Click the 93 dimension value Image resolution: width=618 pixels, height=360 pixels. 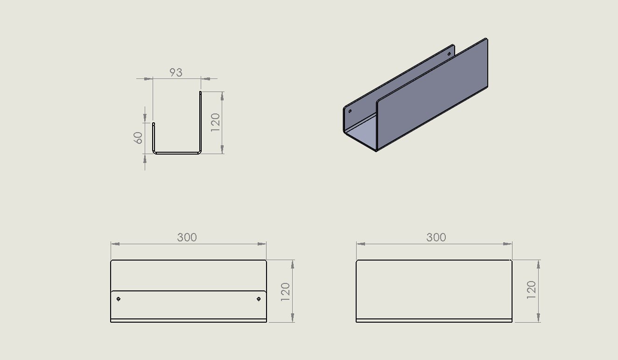[x=176, y=72]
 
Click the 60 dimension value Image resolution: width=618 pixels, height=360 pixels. [x=138, y=138]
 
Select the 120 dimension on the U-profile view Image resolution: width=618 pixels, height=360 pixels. [x=215, y=122]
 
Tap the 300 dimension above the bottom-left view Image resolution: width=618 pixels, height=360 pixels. [x=187, y=237]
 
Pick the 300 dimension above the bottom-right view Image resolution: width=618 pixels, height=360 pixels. [x=436, y=237]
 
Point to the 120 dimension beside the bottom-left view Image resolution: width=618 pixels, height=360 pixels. [x=285, y=292]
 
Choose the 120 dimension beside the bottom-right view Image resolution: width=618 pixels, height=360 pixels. [x=531, y=290]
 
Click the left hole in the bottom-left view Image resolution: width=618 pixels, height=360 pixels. [x=119, y=299]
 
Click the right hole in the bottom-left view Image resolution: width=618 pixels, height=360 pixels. [x=259, y=299]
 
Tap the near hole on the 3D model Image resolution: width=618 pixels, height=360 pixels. [x=350, y=111]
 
